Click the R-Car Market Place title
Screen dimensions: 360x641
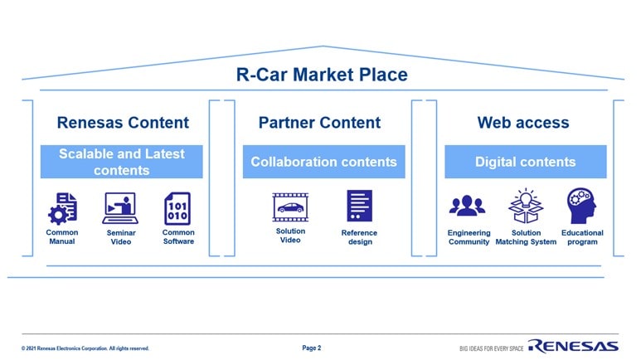(322, 75)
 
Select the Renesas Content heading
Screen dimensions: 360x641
(123, 123)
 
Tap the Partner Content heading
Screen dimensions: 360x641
(319, 123)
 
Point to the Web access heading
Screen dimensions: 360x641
(523, 123)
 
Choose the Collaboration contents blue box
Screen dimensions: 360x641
(323, 162)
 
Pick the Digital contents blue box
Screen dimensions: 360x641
(525, 162)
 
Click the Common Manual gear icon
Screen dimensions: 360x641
(62, 208)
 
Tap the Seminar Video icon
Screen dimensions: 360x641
(120, 208)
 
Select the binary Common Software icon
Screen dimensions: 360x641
(177, 208)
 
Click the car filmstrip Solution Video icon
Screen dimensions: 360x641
(290, 207)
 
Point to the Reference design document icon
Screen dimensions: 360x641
(359, 206)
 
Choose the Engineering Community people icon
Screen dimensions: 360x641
(468, 206)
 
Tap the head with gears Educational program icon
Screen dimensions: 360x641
(580, 204)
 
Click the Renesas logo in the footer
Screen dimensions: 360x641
(573, 346)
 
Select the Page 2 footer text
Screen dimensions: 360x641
(312, 348)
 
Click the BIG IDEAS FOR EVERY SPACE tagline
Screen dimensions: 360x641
(491, 348)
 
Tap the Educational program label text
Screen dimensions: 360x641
(582, 237)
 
